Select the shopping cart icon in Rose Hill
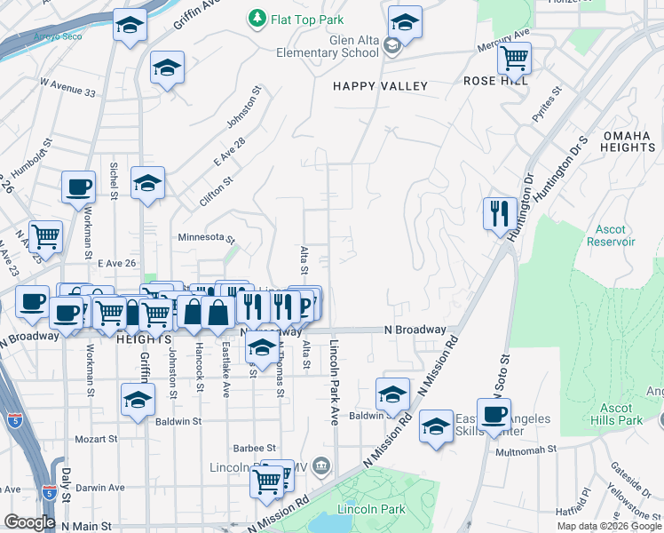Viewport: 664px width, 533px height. click(x=514, y=60)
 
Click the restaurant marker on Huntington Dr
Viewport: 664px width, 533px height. click(x=499, y=213)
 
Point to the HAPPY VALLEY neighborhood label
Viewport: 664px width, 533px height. click(x=380, y=86)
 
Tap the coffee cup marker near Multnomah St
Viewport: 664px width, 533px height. click(x=494, y=414)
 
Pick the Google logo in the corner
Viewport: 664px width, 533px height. click(x=29, y=521)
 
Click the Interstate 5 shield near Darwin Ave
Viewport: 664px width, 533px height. click(x=50, y=490)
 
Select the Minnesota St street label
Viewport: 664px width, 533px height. click(x=205, y=238)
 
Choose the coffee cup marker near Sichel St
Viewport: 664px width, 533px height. click(x=78, y=187)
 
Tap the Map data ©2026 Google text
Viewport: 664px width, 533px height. click(x=609, y=526)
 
